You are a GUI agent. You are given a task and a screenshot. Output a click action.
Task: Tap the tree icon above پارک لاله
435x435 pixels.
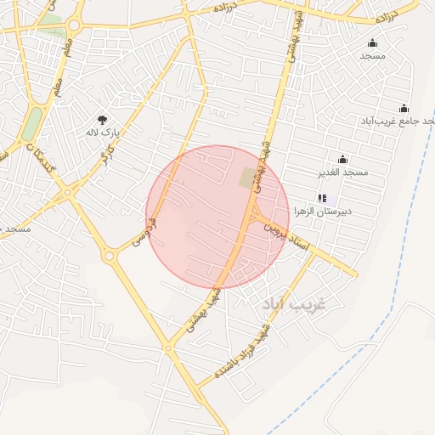(103, 121)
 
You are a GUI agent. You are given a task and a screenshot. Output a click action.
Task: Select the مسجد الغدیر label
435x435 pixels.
(343, 172)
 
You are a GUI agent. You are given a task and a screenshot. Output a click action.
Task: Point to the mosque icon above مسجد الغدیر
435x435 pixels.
(343, 159)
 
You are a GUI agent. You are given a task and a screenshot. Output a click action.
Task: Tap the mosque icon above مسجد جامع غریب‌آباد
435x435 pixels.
(404, 108)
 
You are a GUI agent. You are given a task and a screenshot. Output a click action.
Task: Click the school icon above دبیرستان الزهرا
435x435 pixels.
(322, 198)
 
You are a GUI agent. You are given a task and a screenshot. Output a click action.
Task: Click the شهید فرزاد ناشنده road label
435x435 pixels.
(244, 353)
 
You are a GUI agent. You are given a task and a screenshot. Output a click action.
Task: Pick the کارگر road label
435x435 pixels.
(106, 158)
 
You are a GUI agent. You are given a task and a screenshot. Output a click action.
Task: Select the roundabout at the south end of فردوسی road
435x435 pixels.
(109, 255)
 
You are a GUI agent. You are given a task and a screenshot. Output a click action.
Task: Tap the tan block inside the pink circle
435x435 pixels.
(250, 178)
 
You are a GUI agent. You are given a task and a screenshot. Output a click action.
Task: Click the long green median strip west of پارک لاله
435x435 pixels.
(31, 124)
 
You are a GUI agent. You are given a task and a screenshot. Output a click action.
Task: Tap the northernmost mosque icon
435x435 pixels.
(372, 42)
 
